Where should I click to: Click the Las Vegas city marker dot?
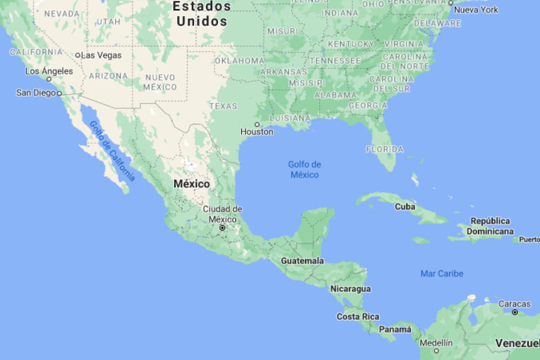pos(78,55)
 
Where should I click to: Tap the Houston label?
pos(257,132)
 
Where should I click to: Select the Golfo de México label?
pos(304,169)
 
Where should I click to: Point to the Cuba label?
pos(405,207)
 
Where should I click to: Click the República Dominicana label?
pos(490,226)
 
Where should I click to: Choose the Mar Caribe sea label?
pos(442,273)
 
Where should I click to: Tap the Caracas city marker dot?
pos(515,312)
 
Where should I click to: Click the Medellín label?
pos(436,343)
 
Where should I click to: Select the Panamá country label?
pos(395,330)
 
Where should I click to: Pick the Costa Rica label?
pos(358,316)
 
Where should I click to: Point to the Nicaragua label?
pos(350,289)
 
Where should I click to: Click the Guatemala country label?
pos(302,261)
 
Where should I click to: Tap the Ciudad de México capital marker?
pos(222,228)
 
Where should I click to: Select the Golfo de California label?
pos(113,152)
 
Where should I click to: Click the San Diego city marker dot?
pos(59,93)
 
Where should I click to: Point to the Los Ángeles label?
pos(49,71)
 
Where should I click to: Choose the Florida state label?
pos(384,149)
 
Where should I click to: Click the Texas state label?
pos(223,106)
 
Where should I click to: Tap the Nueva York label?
pos(476,10)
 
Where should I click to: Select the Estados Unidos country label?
pos(202,14)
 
